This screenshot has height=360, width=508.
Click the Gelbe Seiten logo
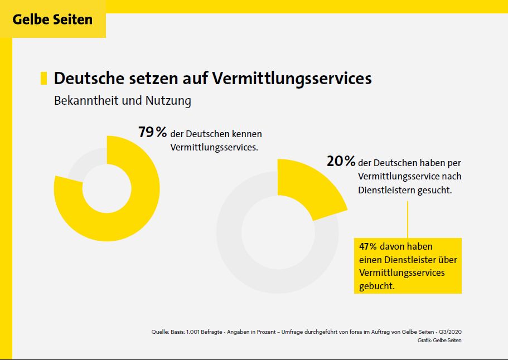coord(52,20)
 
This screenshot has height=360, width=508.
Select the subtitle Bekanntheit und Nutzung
coord(122,101)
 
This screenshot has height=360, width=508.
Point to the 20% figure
coord(341,161)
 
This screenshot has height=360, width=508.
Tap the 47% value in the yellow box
coord(368,246)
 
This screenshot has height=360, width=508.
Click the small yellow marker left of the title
coord(43,78)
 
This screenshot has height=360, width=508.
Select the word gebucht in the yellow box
coord(377,286)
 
